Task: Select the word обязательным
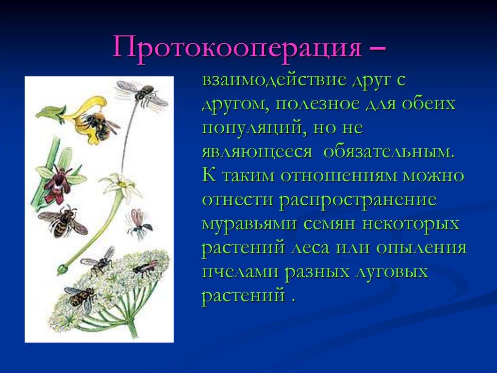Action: point(389,152)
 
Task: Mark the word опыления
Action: point(422,248)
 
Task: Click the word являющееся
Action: point(257,152)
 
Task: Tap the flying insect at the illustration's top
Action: point(143,95)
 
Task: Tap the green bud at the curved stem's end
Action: point(62,269)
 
